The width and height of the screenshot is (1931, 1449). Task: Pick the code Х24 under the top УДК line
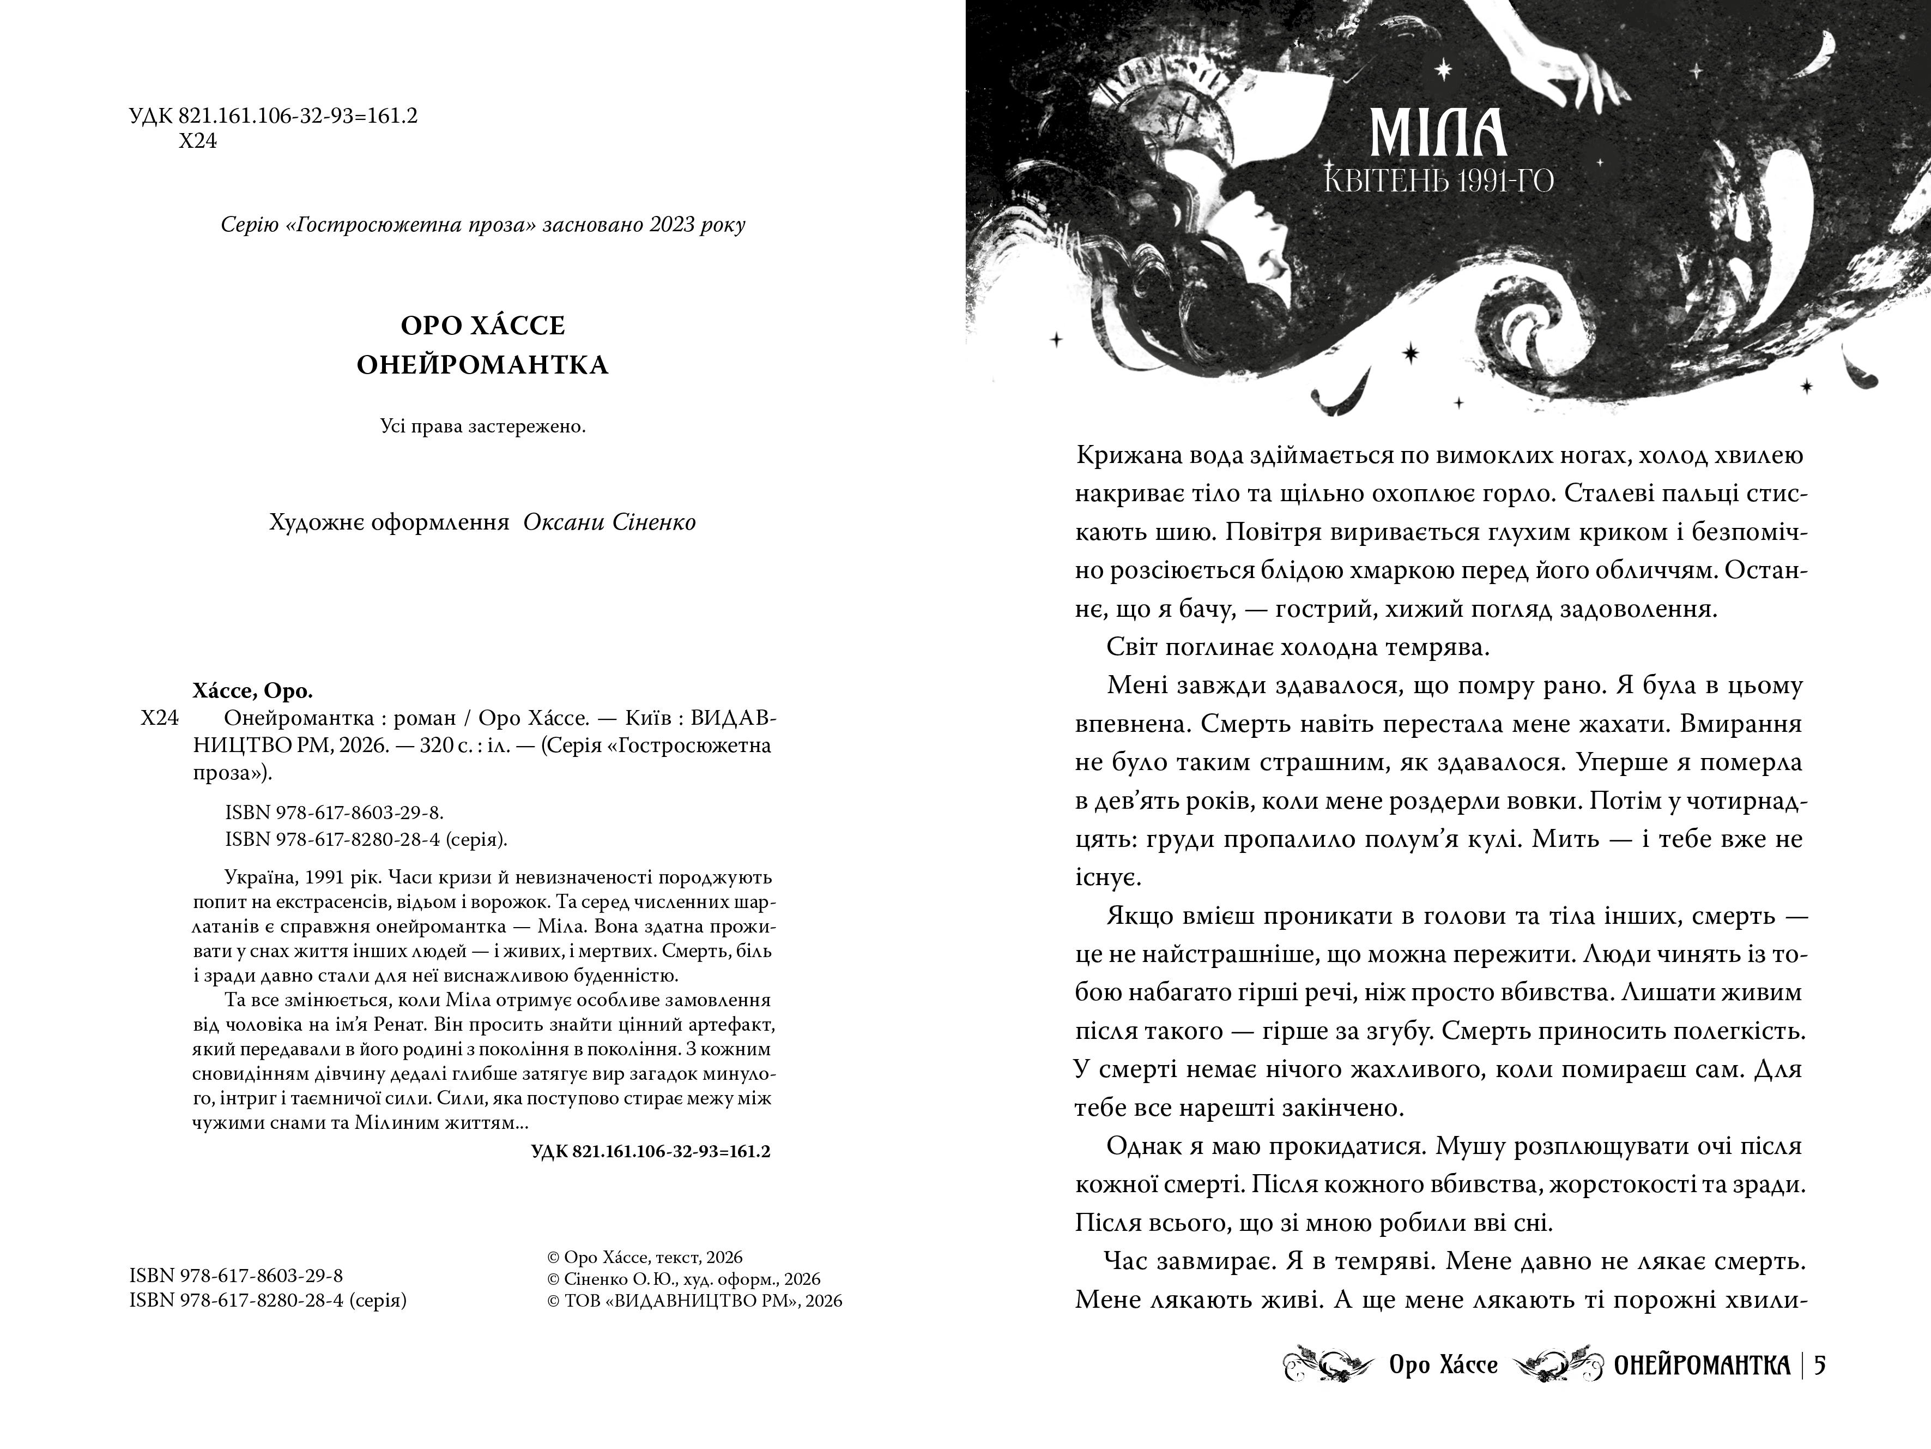click(x=197, y=141)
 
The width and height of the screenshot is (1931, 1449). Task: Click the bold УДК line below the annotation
click(x=650, y=1152)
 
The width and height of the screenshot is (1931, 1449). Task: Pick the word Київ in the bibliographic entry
click(x=646, y=719)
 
